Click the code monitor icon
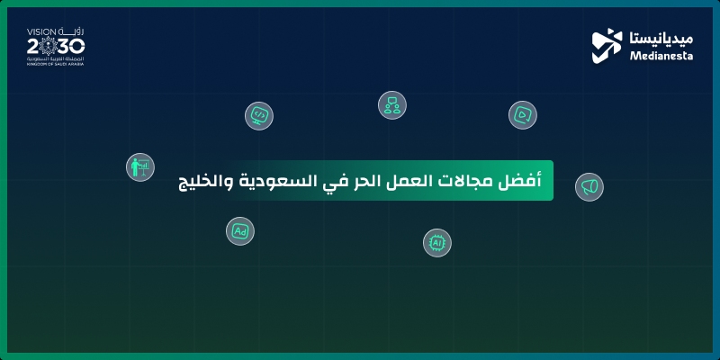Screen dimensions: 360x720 (259, 115)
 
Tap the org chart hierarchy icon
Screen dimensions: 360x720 (391, 105)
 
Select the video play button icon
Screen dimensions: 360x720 (523, 114)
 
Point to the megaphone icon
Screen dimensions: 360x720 (589, 186)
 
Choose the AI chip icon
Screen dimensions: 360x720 (437, 242)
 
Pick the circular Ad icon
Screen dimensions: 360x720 (240, 231)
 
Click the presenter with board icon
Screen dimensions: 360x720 (139, 167)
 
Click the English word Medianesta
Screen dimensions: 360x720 (658, 54)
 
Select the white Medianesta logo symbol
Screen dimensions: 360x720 (607, 46)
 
